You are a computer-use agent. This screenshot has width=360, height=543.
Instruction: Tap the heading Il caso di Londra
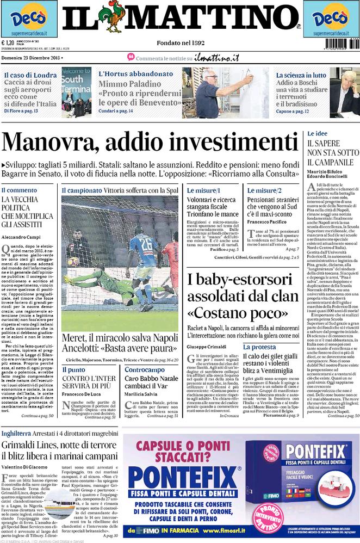30,75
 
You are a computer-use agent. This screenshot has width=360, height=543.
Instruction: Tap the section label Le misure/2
264,191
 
